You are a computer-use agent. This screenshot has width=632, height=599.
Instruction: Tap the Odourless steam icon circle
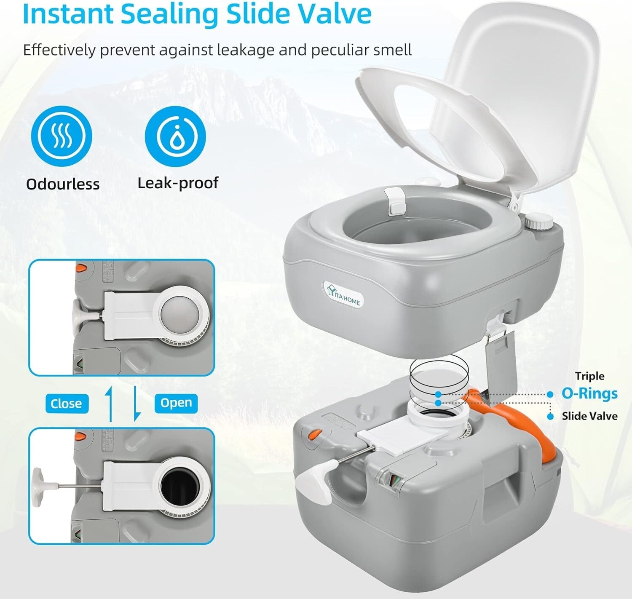[61, 136]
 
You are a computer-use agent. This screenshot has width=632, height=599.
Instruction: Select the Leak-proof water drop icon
[175, 136]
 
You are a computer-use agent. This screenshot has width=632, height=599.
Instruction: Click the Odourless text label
[63, 184]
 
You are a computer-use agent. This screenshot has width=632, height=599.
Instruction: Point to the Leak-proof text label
[178, 183]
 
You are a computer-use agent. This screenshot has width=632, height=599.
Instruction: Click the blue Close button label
[66, 404]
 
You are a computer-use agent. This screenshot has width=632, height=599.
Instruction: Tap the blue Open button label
[176, 403]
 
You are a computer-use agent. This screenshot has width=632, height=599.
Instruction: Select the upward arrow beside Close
[110, 404]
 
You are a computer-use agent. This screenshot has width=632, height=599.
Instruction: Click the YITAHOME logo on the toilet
[344, 294]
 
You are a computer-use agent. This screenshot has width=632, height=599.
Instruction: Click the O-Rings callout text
[589, 393]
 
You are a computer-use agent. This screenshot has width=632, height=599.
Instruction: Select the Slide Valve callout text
[589, 416]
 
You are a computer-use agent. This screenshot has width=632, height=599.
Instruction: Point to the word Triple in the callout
[589, 376]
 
